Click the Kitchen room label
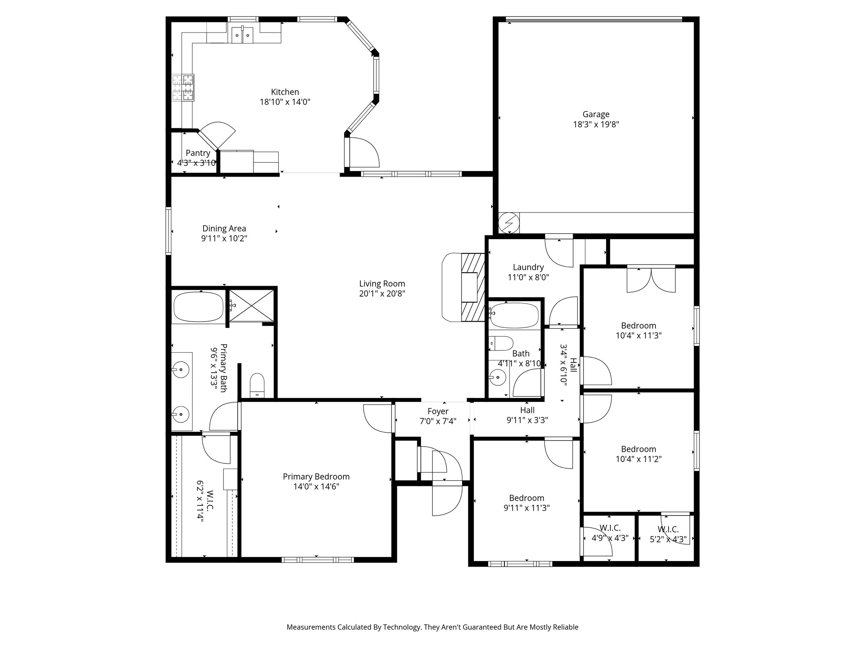[x=285, y=92]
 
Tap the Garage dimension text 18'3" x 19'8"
[x=596, y=124]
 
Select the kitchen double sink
[x=242, y=33]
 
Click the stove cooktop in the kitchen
[x=183, y=87]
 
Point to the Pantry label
[x=198, y=153]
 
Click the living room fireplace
[x=472, y=288]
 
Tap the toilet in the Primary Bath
[x=257, y=385]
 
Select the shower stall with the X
[x=251, y=306]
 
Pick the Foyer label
[x=438, y=411]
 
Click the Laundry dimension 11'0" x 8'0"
[x=528, y=277]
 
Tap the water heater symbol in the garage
[x=509, y=222]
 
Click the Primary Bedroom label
[x=316, y=477]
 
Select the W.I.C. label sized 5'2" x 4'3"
[x=668, y=529]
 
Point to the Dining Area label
[x=224, y=229]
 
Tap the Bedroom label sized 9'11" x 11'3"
[x=526, y=498]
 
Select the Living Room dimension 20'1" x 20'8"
[x=382, y=294]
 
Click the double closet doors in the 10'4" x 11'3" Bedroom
[x=651, y=279]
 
